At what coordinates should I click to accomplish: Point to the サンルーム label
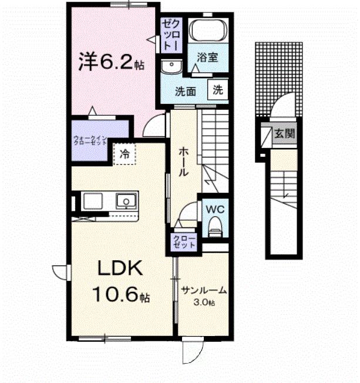[x=204, y=291]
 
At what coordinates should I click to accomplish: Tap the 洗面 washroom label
[x=186, y=91]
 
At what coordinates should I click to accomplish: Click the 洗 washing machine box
[x=218, y=90]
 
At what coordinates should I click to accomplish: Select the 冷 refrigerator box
[x=125, y=154]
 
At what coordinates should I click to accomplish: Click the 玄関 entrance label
[x=285, y=133]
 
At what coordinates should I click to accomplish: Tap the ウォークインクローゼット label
[x=90, y=141]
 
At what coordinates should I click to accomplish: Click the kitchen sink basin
[x=125, y=201]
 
